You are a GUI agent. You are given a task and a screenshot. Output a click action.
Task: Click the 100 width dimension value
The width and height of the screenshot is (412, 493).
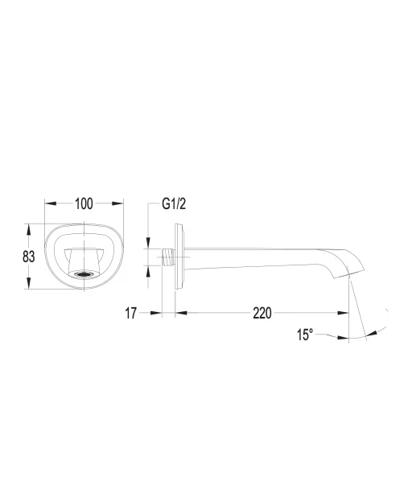click(84, 203)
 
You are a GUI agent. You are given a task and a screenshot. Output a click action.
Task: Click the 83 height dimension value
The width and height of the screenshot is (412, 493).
click(28, 257)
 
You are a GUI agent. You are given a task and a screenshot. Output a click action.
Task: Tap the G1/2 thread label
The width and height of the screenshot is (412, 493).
click(174, 203)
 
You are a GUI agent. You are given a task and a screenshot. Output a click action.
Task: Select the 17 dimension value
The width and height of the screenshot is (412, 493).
click(131, 313)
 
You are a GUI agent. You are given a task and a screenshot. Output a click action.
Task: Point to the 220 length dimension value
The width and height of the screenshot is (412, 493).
click(262, 313)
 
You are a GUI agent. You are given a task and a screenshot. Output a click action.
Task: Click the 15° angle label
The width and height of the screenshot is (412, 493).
click(305, 335)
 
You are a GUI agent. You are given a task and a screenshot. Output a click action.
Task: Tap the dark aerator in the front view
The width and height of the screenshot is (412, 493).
click(84, 274)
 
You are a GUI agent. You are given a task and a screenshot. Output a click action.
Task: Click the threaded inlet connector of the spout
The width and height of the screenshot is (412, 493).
click(168, 257)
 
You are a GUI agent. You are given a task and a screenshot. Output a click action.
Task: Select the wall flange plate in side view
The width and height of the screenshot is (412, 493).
click(179, 257)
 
